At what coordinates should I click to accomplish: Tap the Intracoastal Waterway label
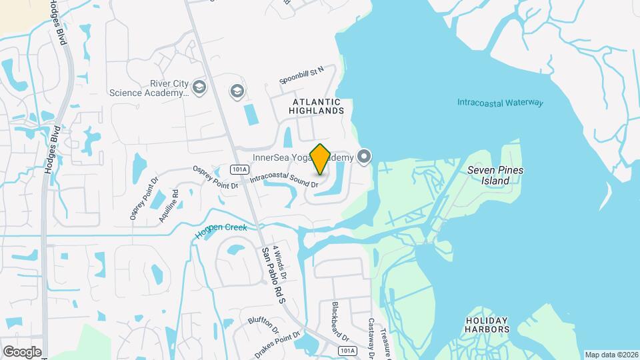[x=500, y=103]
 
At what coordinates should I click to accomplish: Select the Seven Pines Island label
[x=495, y=175]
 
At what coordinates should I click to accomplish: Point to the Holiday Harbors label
[x=487, y=325]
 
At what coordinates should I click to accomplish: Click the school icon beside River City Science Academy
[x=199, y=87]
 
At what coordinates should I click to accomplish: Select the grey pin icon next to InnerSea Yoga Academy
[x=363, y=157]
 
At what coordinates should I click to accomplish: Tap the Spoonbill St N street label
[x=301, y=74]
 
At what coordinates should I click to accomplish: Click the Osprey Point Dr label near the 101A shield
[x=215, y=177]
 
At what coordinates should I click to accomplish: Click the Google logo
[x=21, y=351]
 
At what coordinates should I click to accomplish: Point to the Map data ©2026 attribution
[x=611, y=355]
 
